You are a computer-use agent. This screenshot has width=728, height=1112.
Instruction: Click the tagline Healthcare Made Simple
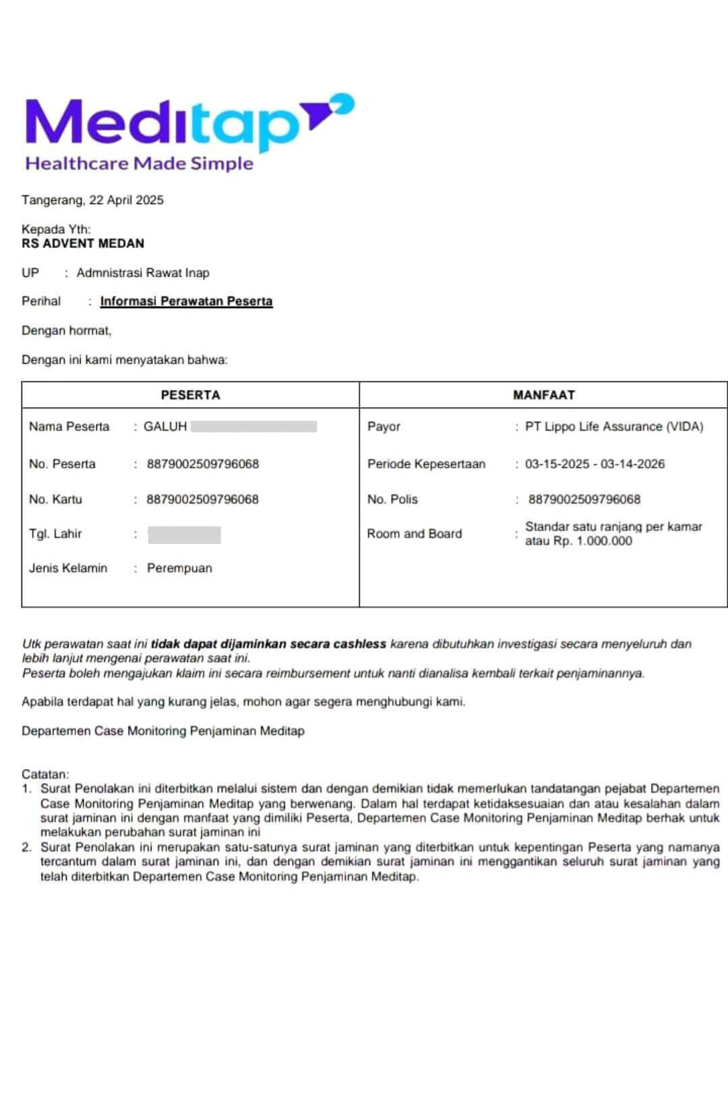[x=139, y=163]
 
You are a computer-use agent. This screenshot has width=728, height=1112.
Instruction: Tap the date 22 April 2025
[x=126, y=200]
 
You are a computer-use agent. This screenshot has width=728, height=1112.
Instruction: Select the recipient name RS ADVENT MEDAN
[x=83, y=243]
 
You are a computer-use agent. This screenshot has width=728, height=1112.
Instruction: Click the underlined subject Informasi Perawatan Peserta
[x=186, y=301]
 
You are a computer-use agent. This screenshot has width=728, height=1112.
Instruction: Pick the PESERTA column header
[x=190, y=395]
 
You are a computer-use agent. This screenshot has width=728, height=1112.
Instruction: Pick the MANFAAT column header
[x=543, y=395]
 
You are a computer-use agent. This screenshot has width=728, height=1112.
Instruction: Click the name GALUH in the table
[x=165, y=427]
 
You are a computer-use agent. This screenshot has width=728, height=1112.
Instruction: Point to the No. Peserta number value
[x=203, y=464]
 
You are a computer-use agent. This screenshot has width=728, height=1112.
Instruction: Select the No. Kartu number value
[x=203, y=499]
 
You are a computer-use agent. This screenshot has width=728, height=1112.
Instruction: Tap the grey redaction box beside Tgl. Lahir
[x=184, y=534]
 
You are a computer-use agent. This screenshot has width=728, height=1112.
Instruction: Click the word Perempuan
[x=179, y=568]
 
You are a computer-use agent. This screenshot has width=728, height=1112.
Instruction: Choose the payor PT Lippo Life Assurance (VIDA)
[x=614, y=427]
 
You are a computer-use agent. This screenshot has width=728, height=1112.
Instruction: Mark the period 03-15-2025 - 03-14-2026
[x=595, y=464]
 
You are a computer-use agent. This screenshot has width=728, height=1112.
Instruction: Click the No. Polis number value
[x=584, y=499]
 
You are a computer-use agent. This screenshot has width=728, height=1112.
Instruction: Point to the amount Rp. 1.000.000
[x=593, y=541]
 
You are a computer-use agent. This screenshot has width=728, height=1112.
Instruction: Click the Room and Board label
[x=415, y=534]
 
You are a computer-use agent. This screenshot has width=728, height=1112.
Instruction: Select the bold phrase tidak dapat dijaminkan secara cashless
[x=268, y=644]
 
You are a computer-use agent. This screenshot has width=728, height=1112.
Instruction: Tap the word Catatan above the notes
[x=44, y=774]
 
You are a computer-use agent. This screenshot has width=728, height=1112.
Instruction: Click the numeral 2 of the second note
[x=26, y=847]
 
